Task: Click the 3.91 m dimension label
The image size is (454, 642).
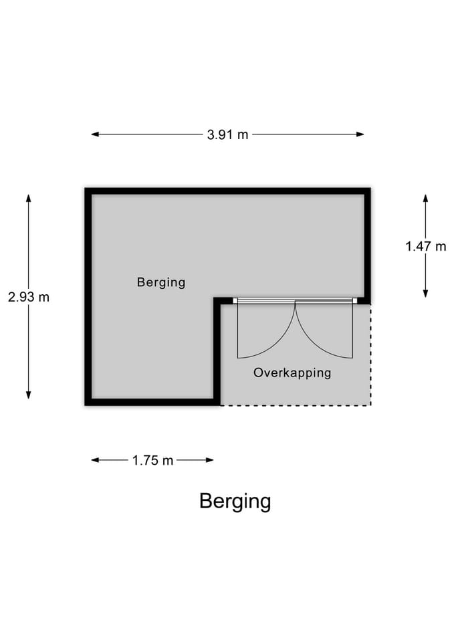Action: pyautogui.click(x=227, y=134)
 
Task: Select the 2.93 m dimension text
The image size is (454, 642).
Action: pyautogui.click(x=29, y=297)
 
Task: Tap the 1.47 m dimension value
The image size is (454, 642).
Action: pyautogui.click(x=426, y=246)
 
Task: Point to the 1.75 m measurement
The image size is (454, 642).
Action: pyautogui.click(x=152, y=460)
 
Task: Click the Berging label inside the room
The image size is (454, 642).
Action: pyautogui.click(x=161, y=282)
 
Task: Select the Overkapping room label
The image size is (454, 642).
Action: pyautogui.click(x=292, y=373)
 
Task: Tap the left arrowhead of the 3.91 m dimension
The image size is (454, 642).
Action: pyautogui.click(x=94, y=134)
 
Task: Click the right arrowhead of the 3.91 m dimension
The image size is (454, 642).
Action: pyautogui.click(x=360, y=134)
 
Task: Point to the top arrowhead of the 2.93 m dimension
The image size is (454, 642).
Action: pyautogui.click(x=29, y=198)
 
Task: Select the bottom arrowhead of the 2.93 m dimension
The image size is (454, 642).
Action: pyautogui.click(x=29, y=395)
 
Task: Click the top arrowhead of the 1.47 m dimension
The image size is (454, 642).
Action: pyautogui.click(x=426, y=199)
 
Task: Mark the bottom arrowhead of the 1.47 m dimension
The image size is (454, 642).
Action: pyautogui.click(x=426, y=293)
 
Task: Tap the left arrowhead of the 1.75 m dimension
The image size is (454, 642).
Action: pyautogui.click(x=94, y=460)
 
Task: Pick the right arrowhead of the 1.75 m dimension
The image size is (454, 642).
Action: pyautogui.click(x=209, y=460)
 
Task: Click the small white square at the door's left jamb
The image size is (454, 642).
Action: pyautogui.click(x=235, y=301)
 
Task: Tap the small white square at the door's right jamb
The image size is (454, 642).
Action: pyautogui.click(x=355, y=301)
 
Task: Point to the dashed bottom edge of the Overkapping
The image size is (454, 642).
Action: pyautogui.click(x=296, y=405)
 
